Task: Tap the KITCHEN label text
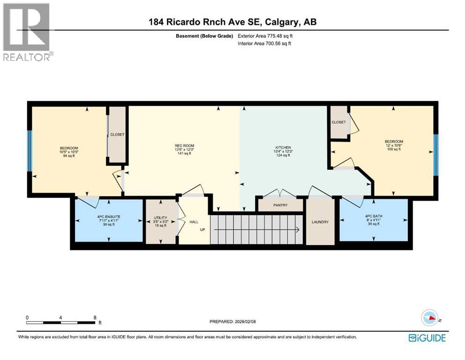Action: point(283,147)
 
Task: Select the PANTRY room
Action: point(280,205)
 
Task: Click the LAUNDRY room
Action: point(320,222)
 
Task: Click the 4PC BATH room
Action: point(374,217)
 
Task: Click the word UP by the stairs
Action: point(202,229)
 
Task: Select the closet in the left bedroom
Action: point(117,135)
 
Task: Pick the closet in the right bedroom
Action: point(338,122)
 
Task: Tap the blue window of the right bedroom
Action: point(435,154)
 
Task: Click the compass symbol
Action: point(429,318)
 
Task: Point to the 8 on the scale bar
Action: point(95,317)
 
